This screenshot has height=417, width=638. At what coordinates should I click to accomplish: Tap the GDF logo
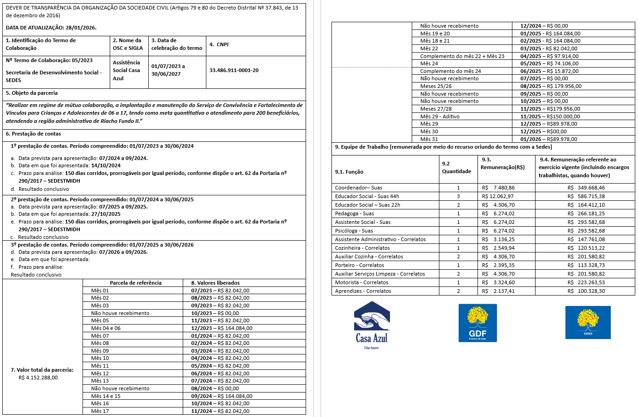477,323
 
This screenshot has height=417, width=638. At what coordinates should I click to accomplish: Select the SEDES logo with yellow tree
588,322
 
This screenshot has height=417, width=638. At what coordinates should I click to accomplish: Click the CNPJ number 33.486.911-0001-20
234,70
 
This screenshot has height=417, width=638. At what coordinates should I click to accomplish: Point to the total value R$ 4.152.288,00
38,378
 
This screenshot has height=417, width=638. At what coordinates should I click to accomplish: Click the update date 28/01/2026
81,28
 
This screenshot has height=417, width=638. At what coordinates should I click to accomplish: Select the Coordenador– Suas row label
358,188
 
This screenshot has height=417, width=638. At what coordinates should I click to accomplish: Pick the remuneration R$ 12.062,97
498,196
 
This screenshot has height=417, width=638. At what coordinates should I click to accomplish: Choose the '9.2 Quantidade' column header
456,168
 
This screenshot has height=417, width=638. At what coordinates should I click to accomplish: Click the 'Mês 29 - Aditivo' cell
439,116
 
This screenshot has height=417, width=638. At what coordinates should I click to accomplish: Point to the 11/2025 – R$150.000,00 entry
550,116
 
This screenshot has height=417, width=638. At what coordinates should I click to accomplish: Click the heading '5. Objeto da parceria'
32,93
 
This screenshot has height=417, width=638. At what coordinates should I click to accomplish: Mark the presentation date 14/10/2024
106,165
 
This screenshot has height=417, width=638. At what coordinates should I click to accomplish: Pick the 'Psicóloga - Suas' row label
354,231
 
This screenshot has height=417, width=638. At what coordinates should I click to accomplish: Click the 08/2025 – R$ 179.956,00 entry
550,86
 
